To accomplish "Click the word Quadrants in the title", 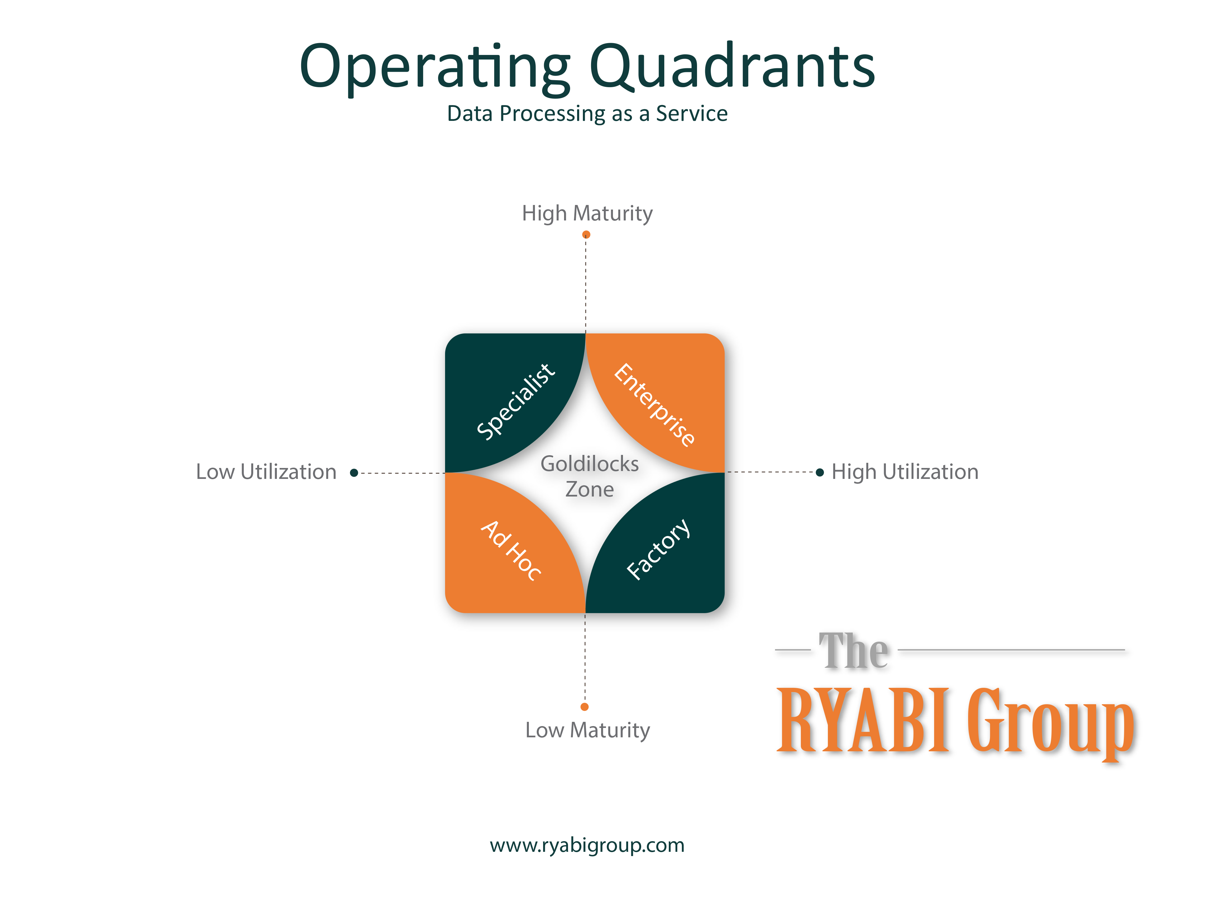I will click(732, 67).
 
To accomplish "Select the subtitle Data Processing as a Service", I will click(587, 114).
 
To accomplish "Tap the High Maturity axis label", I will click(587, 213).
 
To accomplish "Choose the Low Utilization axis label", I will click(266, 472).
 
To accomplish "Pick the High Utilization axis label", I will click(905, 472).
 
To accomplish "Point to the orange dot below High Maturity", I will click(586, 234).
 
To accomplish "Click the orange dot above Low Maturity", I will click(584, 707).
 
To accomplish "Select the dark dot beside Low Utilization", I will click(354, 473).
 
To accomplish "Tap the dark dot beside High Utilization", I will click(819, 472).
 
